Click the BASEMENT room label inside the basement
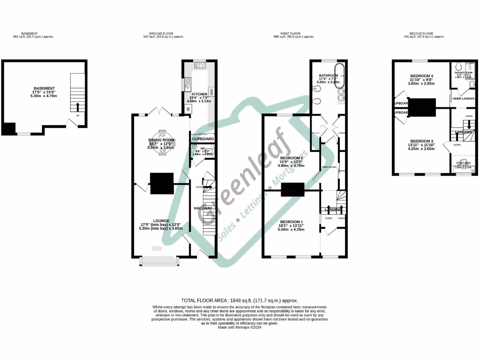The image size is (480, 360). tap(45, 88)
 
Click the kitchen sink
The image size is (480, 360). tap(187, 86)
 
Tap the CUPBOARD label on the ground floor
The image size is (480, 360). tap(203, 139)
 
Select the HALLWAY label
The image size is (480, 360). tap(203, 208)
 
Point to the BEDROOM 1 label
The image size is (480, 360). tap(292, 221)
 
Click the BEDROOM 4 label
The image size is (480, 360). tap(422, 76)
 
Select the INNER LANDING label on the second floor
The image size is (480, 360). tap(463, 98)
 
